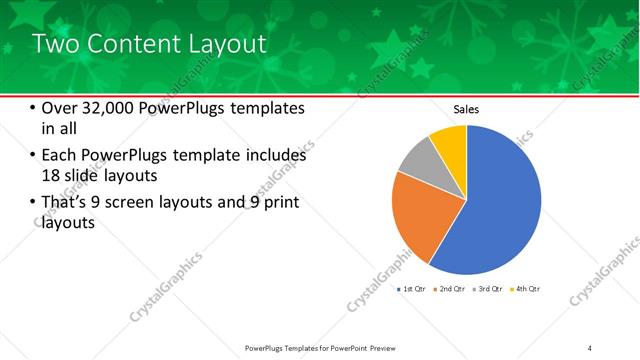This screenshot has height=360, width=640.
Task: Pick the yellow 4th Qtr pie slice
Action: [451, 141]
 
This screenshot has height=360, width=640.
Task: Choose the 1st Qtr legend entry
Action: [413, 289]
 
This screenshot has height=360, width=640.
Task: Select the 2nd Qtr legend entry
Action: [451, 289]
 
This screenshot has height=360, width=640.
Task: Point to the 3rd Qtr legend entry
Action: [489, 289]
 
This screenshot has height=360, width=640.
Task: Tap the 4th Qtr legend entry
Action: [526, 289]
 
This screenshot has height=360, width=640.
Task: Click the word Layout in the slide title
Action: [223, 44]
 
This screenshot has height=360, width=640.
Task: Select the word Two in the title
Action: [54, 44]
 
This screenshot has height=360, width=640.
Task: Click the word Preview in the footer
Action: [377, 347]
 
